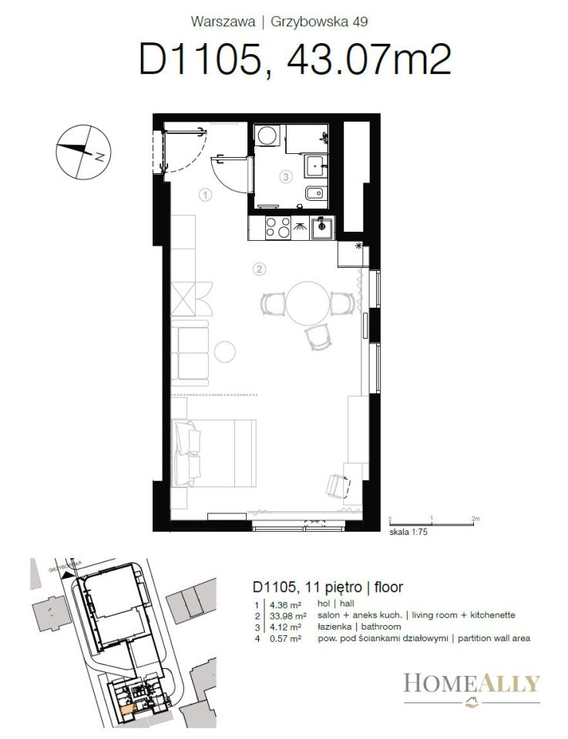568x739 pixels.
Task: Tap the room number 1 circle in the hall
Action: [205, 195]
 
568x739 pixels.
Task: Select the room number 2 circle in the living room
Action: [259, 269]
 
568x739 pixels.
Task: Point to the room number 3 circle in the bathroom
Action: [285, 177]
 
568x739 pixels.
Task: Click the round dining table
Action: [308, 303]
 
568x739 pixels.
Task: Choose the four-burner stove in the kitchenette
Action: [278, 228]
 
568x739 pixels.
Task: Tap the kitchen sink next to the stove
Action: [322, 228]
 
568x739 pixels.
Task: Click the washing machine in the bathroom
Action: [267, 135]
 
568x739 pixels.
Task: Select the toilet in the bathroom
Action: [316, 194]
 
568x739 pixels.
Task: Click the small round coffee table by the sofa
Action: [224, 351]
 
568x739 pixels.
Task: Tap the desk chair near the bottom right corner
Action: [339, 486]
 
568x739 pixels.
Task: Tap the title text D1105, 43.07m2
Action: [295, 59]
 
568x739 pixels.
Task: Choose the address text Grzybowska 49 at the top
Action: [319, 22]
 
